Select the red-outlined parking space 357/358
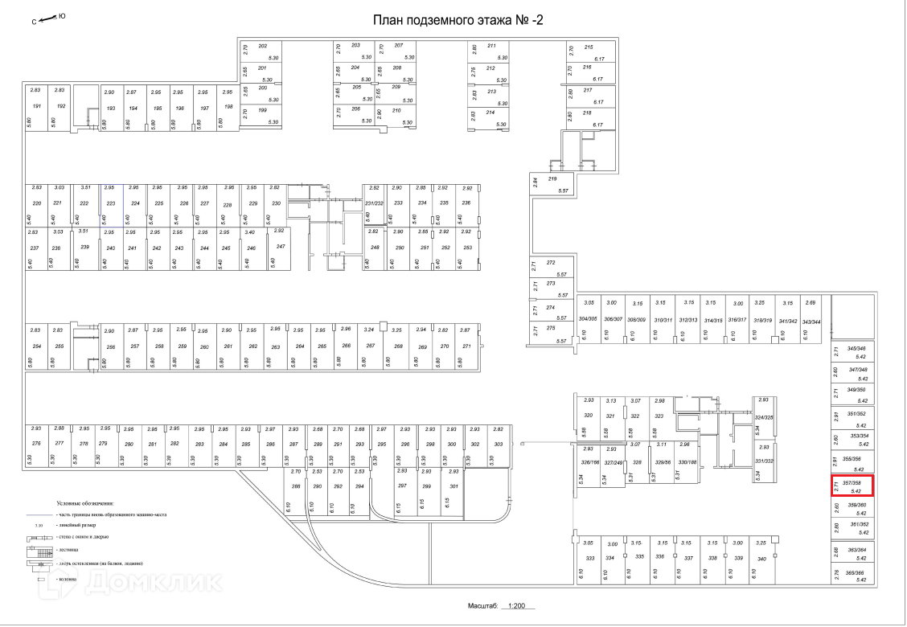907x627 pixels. point(851,486)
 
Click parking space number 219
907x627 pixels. point(552,178)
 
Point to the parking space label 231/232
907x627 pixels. point(375,203)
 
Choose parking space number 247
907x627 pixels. point(281,246)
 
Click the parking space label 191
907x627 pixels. point(36,107)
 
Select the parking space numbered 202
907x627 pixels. point(262,46)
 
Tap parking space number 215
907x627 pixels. point(588,47)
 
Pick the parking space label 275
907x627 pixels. point(551,328)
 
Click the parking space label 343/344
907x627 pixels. point(811,321)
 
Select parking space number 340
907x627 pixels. point(761,558)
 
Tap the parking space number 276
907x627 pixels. point(36,444)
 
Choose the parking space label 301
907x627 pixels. point(453,486)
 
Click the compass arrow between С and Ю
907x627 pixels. point(49,17)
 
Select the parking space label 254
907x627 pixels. point(36,346)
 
